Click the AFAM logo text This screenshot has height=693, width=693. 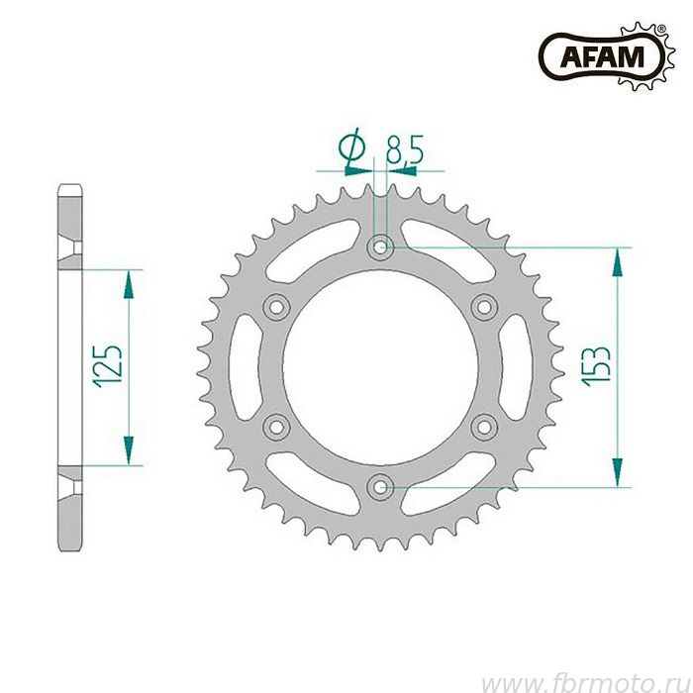pos(602,56)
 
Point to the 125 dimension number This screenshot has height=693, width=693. pos(107,366)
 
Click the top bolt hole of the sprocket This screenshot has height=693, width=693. pos(380,247)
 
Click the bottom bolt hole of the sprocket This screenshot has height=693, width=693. pos(380,487)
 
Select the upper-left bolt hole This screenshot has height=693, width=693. pos(276,306)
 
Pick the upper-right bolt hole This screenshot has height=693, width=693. pos(484,306)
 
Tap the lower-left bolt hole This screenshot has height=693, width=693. pos(276,427)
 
